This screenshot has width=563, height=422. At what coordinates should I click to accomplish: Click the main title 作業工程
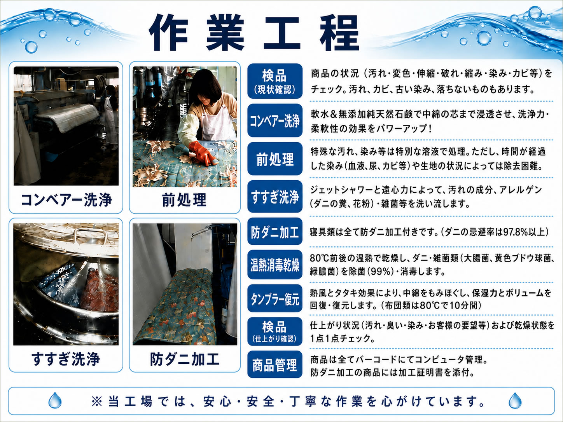click(x=254, y=33)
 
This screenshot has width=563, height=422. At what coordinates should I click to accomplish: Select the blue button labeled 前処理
click(x=275, y=159)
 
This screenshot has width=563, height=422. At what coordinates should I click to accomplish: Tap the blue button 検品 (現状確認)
click(x=275, y=81)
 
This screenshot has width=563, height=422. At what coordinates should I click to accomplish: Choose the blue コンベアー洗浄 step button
click(x=275, y=120)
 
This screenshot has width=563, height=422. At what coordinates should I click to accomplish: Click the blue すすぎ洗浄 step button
click(x=275, y=197)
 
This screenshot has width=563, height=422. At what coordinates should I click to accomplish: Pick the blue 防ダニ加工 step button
click(x=275, y=231)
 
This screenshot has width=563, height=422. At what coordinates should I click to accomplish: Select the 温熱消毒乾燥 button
click(x=275, y=264)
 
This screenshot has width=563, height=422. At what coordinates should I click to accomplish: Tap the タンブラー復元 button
click(x=275, y=298)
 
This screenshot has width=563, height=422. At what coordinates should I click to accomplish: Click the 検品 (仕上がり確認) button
click(x=275, y=331)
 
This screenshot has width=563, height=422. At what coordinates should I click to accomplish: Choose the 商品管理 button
click(x=275, y=364)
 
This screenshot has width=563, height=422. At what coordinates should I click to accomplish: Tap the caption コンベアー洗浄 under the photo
click(x=66, y=200)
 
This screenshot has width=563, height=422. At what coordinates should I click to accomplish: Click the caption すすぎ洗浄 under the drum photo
click(x=66, y=359)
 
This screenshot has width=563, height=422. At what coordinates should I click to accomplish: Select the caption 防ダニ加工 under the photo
click(x=185, y=359)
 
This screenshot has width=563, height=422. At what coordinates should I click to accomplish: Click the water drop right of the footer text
click(x=515, y=401)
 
